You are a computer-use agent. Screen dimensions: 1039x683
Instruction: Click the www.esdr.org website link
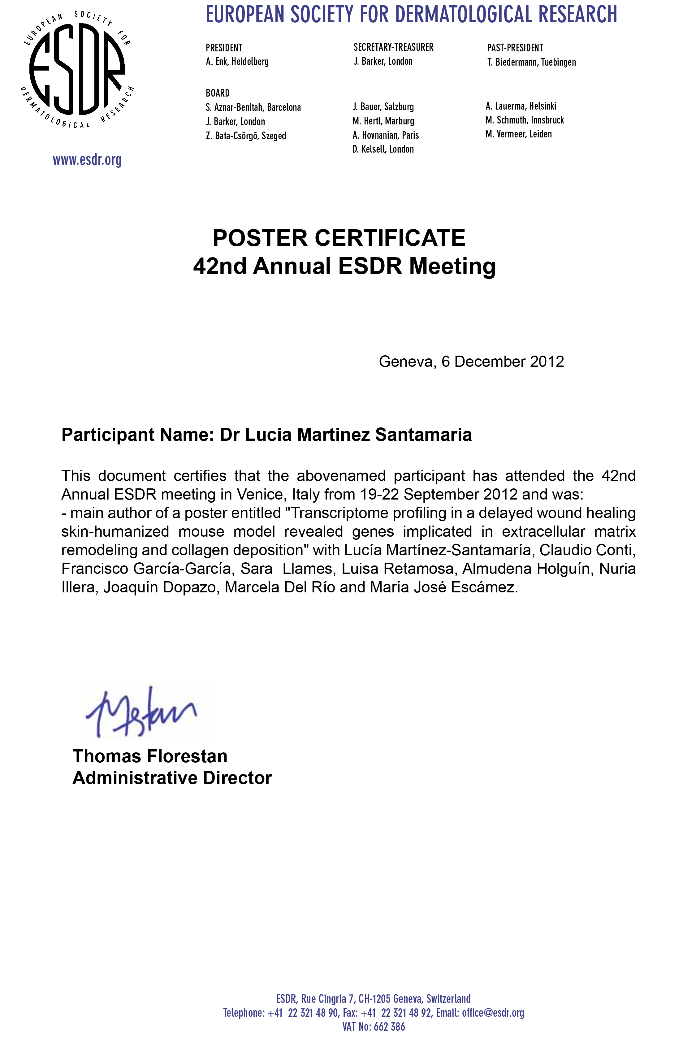tap(87, 160)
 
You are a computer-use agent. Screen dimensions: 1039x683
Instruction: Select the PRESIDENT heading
tap(223, 48)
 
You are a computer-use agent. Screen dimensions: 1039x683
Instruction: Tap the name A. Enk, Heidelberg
tap(237, 62)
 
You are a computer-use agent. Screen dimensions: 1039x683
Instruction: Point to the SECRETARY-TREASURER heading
tap(393, 47)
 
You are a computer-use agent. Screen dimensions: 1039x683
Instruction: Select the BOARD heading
tap(217, 93)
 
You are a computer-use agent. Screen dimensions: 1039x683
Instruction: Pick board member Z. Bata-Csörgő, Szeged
tap(246, 136)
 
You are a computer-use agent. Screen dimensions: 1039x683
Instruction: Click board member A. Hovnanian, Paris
tap(385, 135)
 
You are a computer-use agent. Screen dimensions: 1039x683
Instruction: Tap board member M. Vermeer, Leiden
tap(518, 134)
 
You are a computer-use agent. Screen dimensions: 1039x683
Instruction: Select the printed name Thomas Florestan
tap(150, 756)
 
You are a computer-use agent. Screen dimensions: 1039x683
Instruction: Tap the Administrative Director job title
tap(172, 778)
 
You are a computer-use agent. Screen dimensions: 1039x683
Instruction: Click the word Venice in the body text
tap(261, 494)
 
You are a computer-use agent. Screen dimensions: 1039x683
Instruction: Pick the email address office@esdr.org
tap(493, 1012)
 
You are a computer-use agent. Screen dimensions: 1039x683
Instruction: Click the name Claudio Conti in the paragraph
tap(586, 550)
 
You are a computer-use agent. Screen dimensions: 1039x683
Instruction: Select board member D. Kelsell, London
tap(383, 149)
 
